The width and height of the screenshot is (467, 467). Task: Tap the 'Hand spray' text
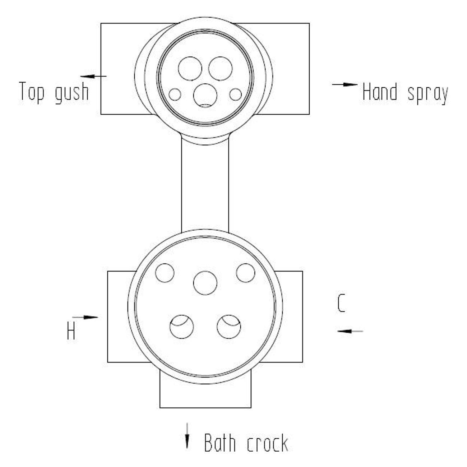(405, 93)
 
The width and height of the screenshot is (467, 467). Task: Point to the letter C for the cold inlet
(341, 303)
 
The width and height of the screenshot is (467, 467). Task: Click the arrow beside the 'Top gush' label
(93, 77)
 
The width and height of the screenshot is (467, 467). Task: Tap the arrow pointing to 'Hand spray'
(345, 84)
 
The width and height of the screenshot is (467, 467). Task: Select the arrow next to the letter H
(85, 317)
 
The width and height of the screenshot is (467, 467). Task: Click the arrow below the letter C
(350, 331)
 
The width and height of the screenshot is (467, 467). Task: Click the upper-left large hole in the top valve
(190, 69)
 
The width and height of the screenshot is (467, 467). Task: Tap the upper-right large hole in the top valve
(220, 69)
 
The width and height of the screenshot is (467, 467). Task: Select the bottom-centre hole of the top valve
(205, 95)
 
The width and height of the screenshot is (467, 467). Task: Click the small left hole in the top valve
(175, 94)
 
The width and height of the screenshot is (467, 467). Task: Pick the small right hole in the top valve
(236, 94)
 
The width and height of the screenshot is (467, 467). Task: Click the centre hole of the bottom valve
(205, 283)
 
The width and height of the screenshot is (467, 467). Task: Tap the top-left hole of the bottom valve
(165, 273)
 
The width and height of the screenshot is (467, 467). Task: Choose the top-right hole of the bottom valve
(245, 273)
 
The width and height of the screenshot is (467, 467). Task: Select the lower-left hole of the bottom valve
(182, 327)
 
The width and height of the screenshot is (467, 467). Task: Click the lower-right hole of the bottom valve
(229, 327)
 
